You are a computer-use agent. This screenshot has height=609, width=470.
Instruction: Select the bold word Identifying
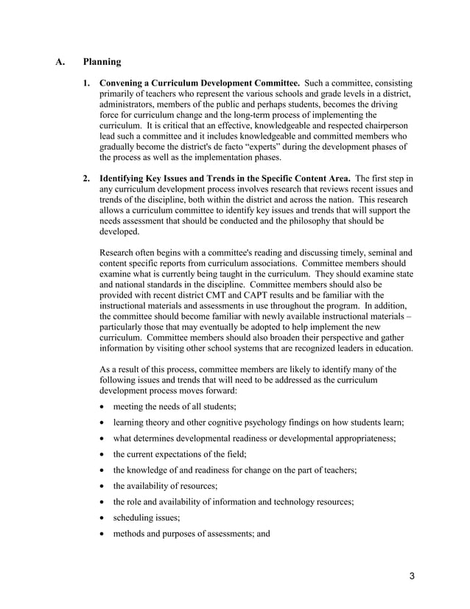(x=126, y=178)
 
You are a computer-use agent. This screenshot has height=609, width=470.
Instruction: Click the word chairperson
(x=382, y=125)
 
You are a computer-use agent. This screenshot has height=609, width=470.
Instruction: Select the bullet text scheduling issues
(x=141, y=518)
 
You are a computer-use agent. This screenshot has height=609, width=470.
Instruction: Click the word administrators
(x=130, y=105)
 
